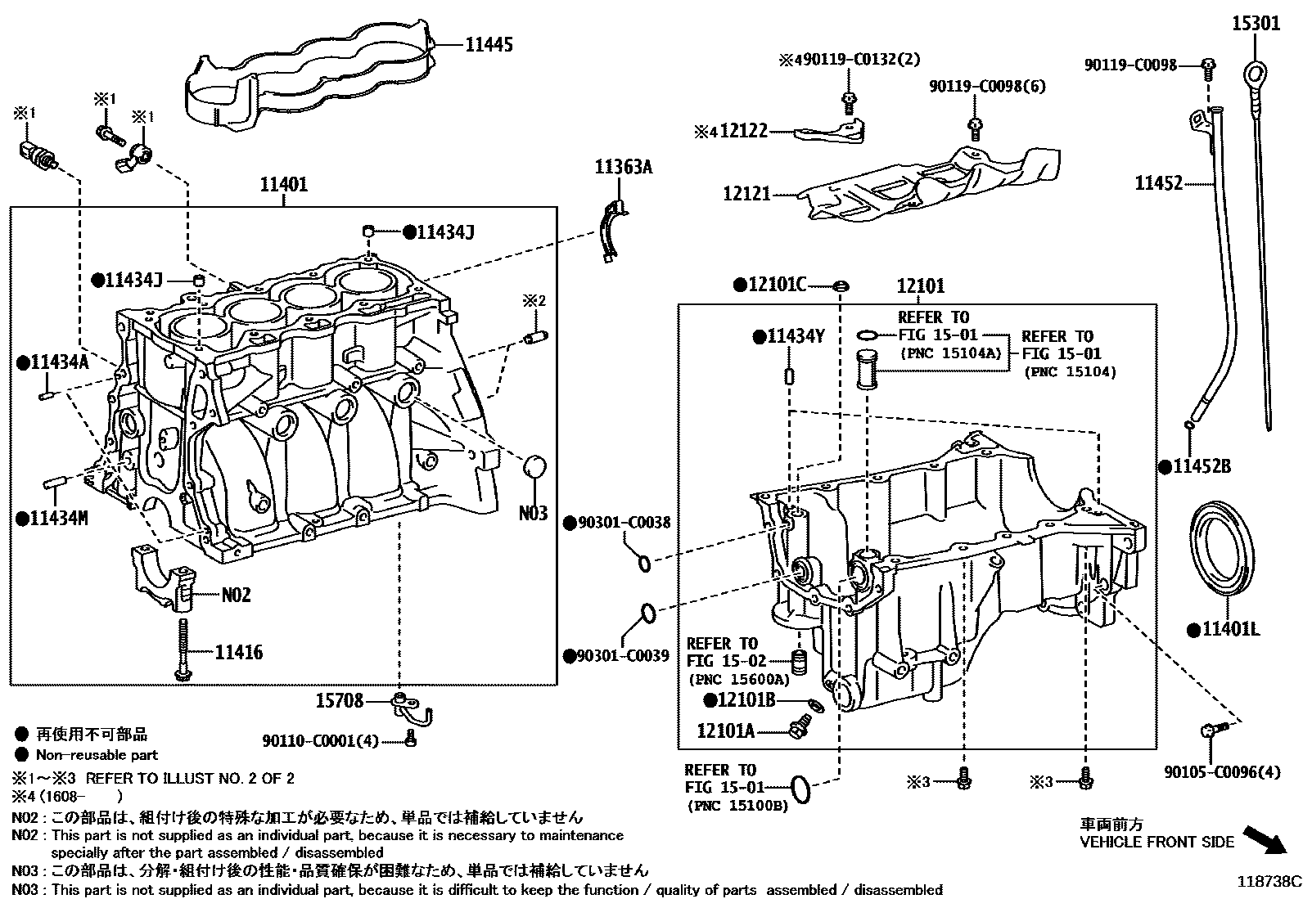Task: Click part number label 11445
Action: tap(489, 44)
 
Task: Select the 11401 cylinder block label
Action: tap(284, 185)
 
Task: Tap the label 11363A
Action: tap(623, 168)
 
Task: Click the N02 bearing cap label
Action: tap(236, 595)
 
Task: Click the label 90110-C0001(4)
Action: tap(321, 741)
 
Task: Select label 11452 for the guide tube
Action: tap(1158, 184)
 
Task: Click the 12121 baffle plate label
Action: tap(746, 195)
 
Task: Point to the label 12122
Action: tap(743, 131)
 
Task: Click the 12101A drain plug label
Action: tap(725, 730)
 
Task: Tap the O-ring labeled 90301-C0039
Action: tap(646, 613)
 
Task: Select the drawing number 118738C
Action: tap(1268, 882)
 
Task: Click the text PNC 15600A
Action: tap(739, 679)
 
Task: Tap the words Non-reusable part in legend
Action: tap(97, 755)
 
